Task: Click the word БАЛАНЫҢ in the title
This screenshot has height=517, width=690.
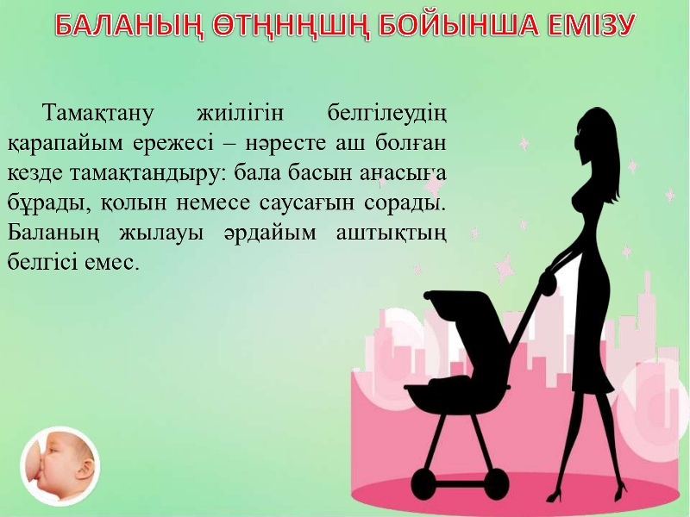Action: [x=129, y=26]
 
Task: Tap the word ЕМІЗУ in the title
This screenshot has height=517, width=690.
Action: [x=587, y=26]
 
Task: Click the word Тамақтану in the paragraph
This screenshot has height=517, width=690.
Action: [x=97, y=114]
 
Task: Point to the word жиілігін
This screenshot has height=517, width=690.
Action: [x=240, y=114]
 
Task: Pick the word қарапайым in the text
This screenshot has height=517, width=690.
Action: [x=65, y=144]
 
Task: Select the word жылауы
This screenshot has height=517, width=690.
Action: [x=161, y=233]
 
